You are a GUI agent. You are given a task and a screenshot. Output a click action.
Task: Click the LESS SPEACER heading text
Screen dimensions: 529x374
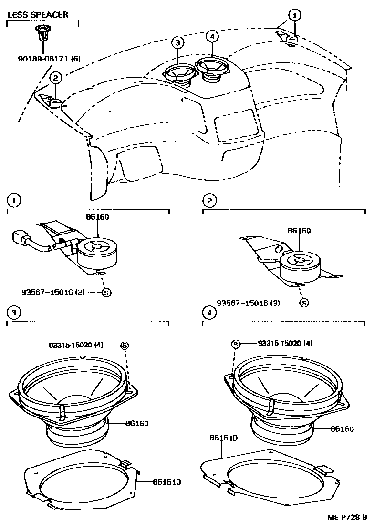click(38, 14)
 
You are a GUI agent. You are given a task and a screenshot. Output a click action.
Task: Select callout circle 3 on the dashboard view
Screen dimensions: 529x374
click(177, 42)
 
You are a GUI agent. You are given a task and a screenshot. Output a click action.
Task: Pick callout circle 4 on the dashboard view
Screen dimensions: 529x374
click(212, 36)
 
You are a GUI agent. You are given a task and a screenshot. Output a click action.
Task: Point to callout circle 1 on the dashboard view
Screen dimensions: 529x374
click(295, 15)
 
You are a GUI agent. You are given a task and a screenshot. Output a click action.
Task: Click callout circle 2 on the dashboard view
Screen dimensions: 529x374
click(55, 78)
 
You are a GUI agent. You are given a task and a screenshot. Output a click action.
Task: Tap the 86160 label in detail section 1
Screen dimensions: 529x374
click(98, 216)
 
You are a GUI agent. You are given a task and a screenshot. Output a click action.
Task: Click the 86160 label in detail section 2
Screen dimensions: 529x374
click(299, 231)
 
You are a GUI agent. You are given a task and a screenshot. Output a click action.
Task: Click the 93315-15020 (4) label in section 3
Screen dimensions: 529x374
click(76, 345)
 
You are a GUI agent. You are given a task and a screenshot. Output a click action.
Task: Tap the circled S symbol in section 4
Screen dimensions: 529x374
click(236, 344)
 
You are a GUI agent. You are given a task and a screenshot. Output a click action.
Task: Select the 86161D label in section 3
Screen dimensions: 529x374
click(166, 482)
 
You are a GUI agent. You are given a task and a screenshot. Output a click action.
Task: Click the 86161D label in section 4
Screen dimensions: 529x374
click(223, 438)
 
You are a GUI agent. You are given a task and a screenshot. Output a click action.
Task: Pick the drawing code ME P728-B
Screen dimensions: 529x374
click(347, 517)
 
